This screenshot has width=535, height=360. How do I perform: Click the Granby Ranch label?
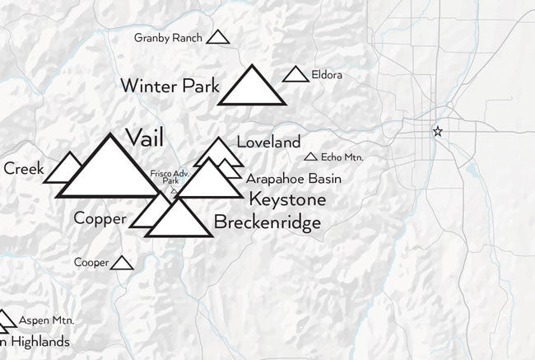pyautogui.click(x=168, y=38)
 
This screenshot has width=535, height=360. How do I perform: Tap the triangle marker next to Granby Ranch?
pyautogui.click(x=217, y=37)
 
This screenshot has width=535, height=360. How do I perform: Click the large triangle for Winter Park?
pyautogui.click(x=252, y=89)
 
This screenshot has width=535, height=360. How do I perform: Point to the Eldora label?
pyautogui.click(x=327, y=76)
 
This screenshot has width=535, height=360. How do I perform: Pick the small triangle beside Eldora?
pyautogui.click(x=295, y=75)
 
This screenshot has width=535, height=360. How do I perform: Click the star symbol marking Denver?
pyautogui.click(x=438, y=132)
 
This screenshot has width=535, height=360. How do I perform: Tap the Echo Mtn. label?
pyautogui.click(x=342, y=157)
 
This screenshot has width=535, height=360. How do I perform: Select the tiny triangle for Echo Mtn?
pyautogui.click(x=310, y=157)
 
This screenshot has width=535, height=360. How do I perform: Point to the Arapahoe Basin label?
pyautogui.click(x=293, y=179)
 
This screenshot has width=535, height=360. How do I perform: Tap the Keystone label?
pyautogui.click(x=287, y=200)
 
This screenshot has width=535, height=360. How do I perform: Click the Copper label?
pyautogui.click(x=100, y=218)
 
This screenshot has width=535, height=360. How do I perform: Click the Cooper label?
pyautogui.click(x=91, y=263)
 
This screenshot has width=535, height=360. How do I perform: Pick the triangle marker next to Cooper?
pyautogui.click(x=123, y=264)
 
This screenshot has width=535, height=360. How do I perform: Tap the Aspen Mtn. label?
pyautogui.click(x=47, y=319)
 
